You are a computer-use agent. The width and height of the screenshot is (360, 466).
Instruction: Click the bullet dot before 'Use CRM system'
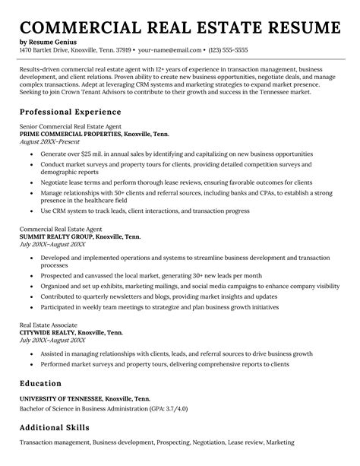click(30, 210)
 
